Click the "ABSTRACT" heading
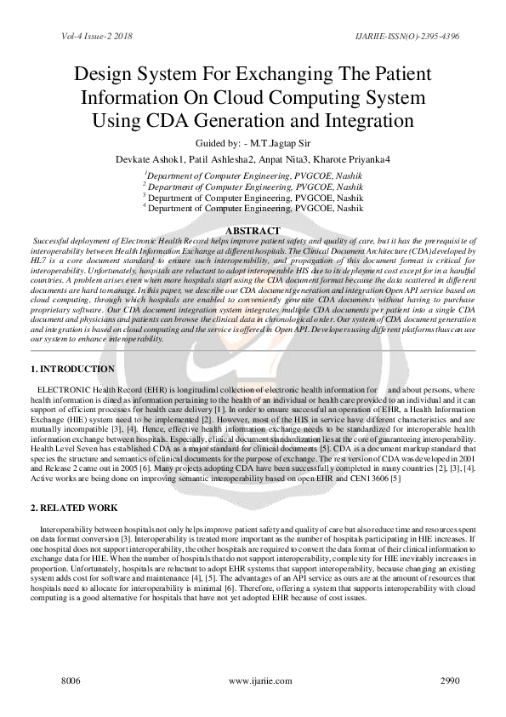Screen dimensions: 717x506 (252, 231)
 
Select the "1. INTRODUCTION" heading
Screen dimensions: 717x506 (72, 370)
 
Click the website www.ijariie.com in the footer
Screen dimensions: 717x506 (253, 683)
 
